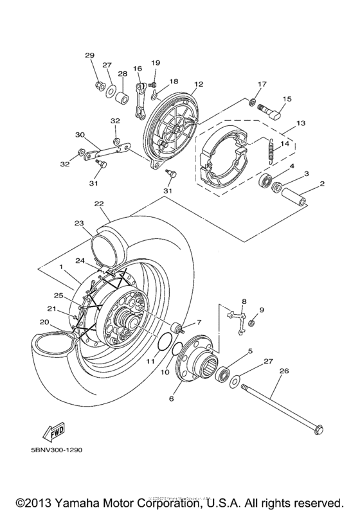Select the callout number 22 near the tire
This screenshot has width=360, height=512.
click(98, 204)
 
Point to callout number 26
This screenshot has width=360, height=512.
click(283, 371)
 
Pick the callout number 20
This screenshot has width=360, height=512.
click(44, 322)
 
